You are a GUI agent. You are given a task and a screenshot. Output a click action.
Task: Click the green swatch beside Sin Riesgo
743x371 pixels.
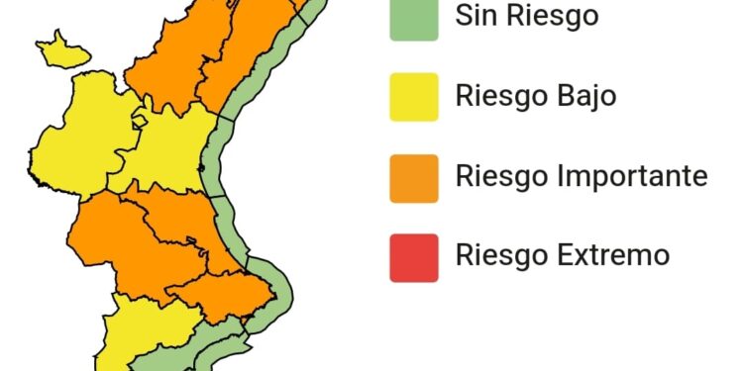click(x=414, y=18)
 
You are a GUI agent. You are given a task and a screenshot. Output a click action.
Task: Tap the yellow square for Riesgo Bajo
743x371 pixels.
click(x=414, y=97)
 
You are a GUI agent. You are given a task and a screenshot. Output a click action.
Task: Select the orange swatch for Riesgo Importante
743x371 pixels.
click(x=414, y=177)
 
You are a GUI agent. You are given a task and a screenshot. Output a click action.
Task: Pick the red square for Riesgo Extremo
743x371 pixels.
click(x=414, y=256)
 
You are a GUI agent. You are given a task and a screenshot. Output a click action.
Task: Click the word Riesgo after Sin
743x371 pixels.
click(x=555, y=18)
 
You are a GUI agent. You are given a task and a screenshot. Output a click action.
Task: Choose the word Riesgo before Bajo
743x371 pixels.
click(x=497, y=97)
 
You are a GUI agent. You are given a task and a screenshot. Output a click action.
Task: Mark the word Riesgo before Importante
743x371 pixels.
click(x=497, y=177)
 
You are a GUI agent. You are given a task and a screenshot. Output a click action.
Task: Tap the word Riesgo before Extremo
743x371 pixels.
click(x=497, y=256)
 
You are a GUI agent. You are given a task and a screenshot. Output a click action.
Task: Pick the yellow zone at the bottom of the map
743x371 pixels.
click(x=139, y=331)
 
